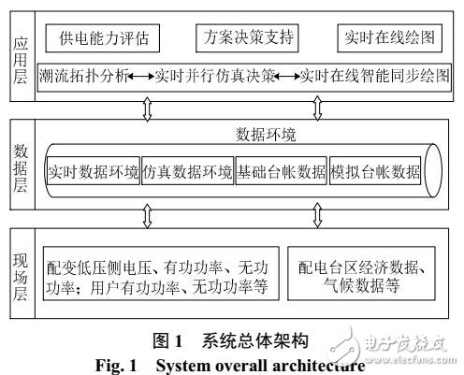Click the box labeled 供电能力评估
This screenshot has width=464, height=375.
click(104, 40)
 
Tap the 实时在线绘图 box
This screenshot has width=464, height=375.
click(387, 40)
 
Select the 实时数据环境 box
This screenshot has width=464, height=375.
click(93, 173)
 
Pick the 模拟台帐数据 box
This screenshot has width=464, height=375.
click(373, 173)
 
